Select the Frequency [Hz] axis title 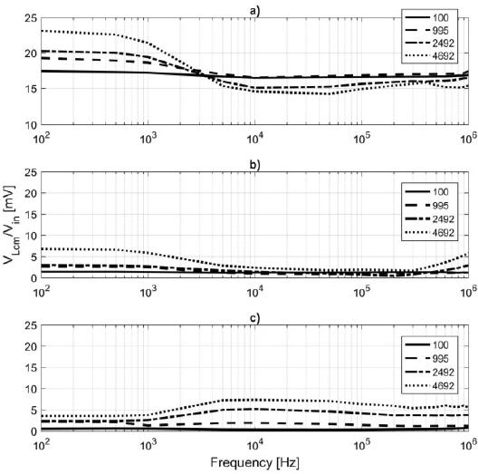(x=255, y=462)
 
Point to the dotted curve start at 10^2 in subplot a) (x=42, y=31)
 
